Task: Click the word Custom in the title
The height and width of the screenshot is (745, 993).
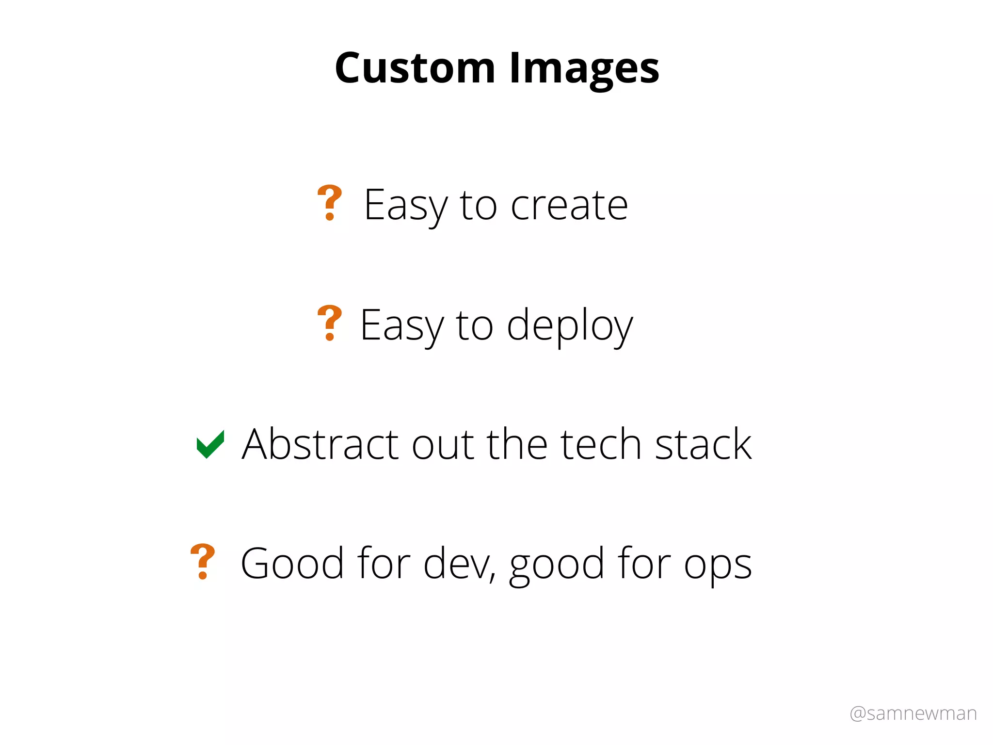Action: click(415, 68)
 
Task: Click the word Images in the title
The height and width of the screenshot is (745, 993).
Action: click(584, 69)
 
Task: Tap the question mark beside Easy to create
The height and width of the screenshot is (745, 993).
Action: click(330, 203)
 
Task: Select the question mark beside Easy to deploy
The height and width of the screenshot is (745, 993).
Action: click(330, 323)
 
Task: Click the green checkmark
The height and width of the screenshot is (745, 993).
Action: click(210, 444)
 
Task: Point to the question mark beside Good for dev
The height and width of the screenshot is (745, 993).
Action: click(203, 561)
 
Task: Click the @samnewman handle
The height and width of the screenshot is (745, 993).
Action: click(913, 713)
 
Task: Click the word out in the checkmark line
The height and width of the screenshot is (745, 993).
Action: click(443, 445)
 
